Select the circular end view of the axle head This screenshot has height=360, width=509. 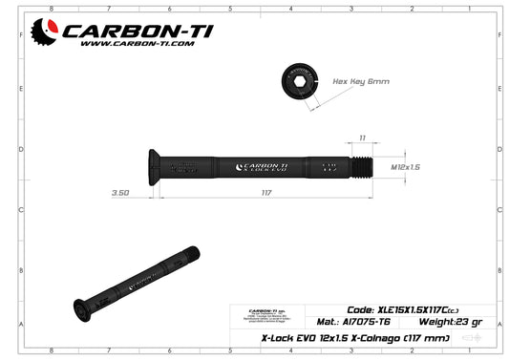coord(300,81)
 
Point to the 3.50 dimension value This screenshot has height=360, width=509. coord(120,194)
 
